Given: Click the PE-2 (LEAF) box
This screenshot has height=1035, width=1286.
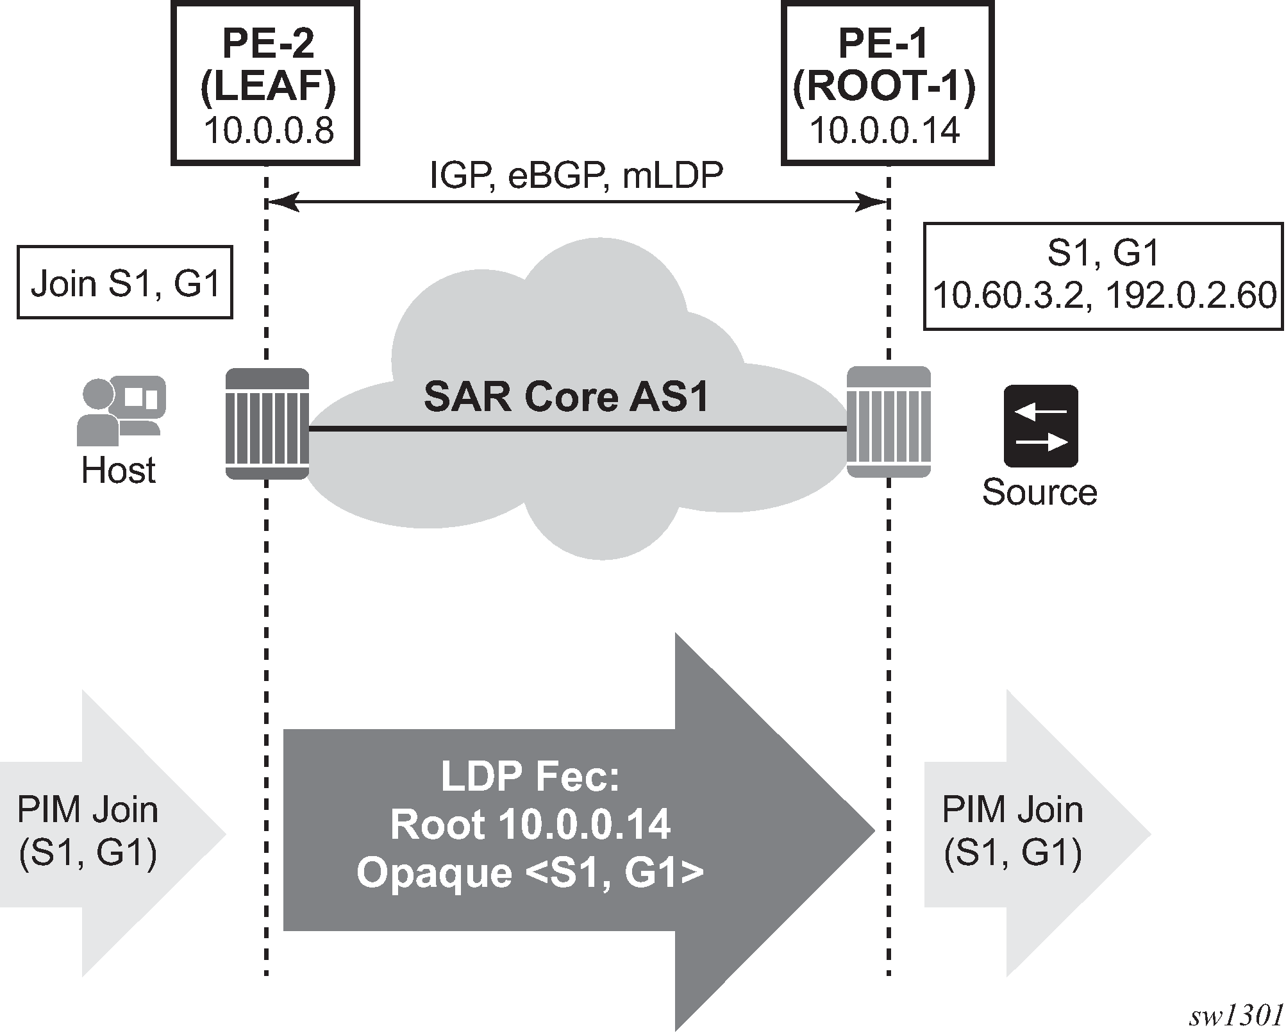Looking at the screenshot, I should (265, 83).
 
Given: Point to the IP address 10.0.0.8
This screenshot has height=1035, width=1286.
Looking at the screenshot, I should (269, 131).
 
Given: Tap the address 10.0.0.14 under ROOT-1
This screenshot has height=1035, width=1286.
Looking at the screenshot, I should (885, 131).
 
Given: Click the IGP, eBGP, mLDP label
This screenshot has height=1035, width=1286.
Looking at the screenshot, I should (576, 176).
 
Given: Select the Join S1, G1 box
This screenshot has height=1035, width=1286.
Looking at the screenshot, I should (125, 283).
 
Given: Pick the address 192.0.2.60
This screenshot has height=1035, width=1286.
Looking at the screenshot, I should (1192, 296).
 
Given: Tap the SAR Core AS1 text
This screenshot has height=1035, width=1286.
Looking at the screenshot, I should (566, 397).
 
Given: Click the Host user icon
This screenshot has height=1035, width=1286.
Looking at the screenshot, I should (121, 410).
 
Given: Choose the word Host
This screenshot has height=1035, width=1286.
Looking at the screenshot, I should (119, 471).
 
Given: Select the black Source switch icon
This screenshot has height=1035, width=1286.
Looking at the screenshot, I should (1040, 426).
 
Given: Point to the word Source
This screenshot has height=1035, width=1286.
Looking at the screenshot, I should (1039, 492).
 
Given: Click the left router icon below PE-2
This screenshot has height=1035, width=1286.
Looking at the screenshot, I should (267, 423).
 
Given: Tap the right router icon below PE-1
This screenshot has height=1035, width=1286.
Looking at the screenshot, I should (889, 422).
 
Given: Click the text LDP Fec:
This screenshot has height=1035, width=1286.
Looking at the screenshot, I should (530, 777).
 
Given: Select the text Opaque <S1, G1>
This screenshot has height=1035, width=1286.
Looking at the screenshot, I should (530, 873).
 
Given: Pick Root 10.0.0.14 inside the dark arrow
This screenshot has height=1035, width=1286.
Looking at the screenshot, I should (530, 825).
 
